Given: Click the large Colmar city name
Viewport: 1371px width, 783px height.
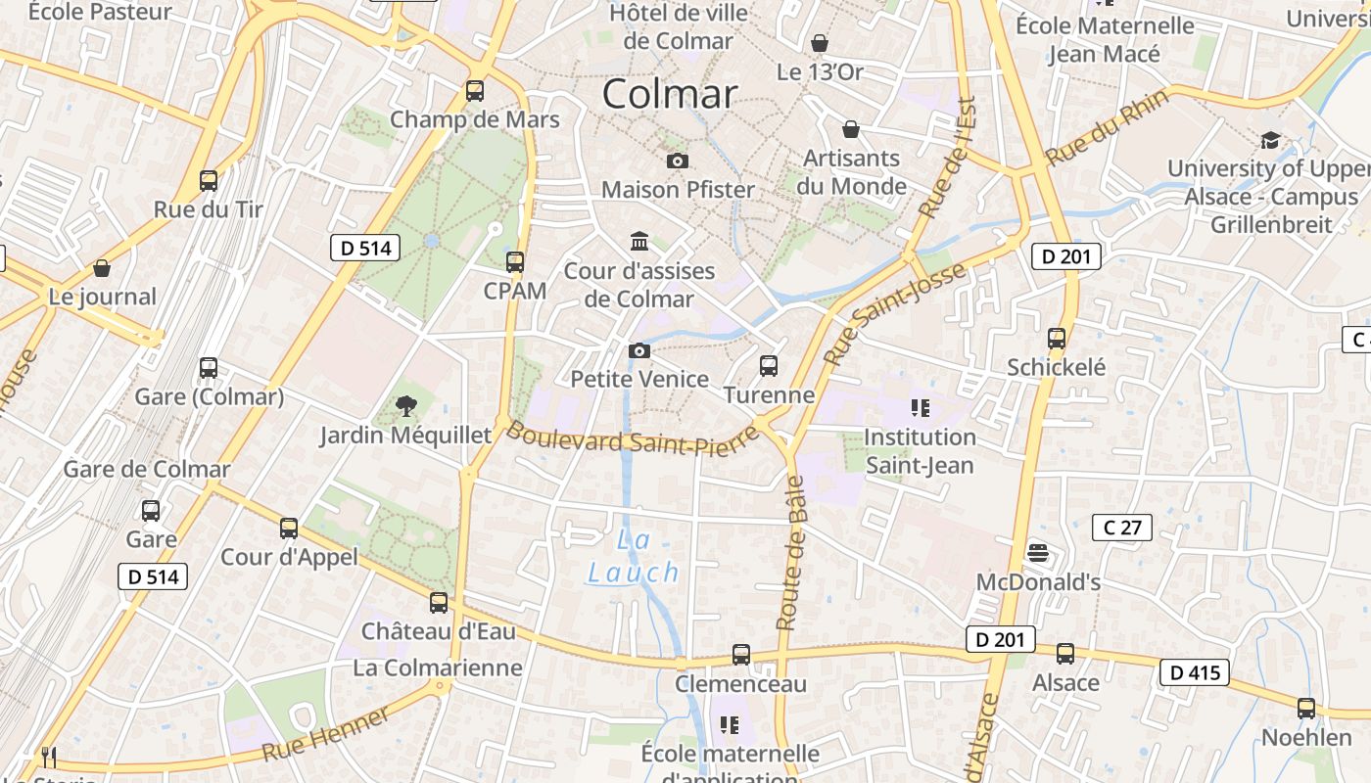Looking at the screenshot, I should point(670,94).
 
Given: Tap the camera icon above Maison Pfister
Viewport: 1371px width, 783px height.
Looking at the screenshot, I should point(677,161).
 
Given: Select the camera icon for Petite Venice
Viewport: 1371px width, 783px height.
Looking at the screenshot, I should point(639,350).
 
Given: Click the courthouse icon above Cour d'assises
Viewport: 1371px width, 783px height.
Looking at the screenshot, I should point(639,241).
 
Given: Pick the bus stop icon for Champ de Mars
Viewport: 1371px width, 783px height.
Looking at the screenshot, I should point(475,91).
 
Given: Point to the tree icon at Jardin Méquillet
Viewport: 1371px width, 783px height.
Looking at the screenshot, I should point(405,406).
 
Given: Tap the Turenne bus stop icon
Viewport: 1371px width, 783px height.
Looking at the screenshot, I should point(769,366).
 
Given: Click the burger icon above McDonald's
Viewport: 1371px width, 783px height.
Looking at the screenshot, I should point(1038,553).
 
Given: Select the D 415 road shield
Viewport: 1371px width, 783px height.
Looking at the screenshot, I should point(1195,672).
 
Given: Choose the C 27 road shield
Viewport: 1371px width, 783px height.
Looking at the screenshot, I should point(1122,528).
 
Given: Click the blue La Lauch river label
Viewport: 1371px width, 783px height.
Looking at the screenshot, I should point(635,556).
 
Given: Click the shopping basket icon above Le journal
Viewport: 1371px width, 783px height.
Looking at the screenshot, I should point(102,268).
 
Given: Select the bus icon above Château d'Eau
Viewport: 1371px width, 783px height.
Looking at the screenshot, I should point(439,603).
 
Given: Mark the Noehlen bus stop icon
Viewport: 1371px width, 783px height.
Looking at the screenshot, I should point(1306,709).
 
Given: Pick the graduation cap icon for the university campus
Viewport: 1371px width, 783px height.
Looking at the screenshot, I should point(1270,140).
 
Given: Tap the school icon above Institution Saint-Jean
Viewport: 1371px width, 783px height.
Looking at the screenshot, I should point(920,407).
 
